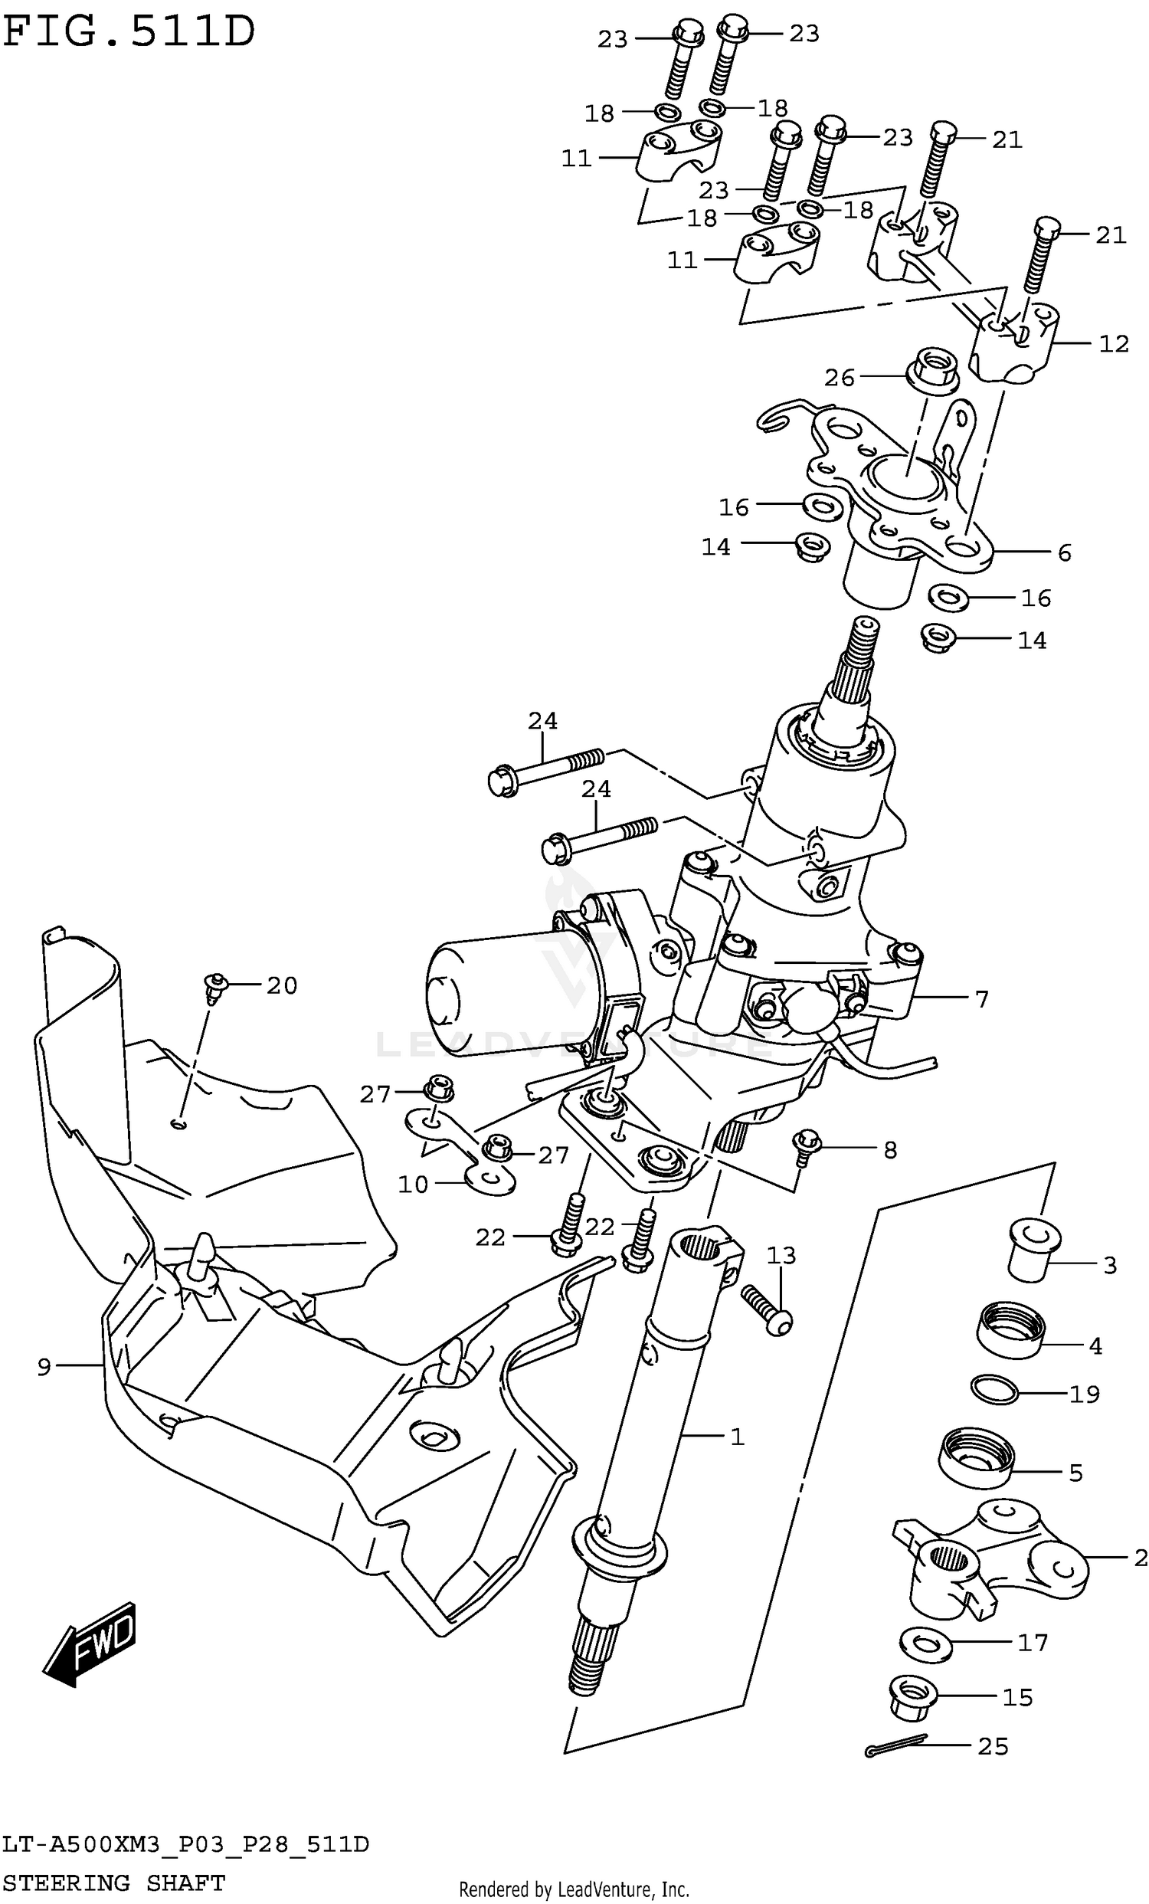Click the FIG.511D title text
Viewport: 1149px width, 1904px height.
pos(128,32)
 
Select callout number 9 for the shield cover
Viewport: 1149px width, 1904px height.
pos(44,1367)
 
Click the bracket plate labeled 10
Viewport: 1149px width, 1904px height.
pos(462,1151)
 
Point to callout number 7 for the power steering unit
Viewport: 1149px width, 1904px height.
pos(981,1000)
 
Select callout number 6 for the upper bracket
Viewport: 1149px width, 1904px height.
pos(1064,552)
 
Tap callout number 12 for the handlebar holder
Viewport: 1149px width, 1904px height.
pos(1114,343)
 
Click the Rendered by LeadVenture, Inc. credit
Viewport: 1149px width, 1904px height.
pos(573,1889)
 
